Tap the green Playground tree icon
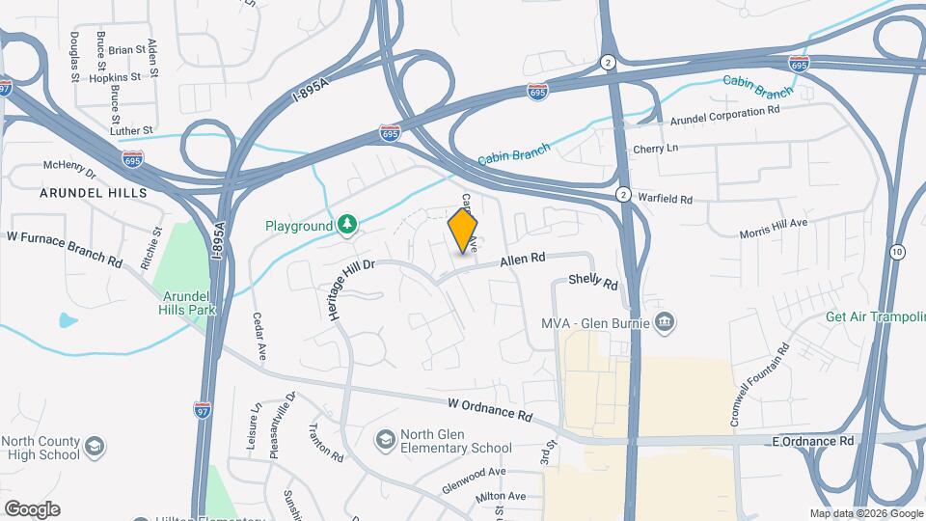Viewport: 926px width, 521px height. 347,225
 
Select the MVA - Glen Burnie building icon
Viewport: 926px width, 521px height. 664,321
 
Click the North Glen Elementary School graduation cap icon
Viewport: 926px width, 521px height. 386,440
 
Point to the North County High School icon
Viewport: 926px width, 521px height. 95,446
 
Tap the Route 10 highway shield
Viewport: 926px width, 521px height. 898,252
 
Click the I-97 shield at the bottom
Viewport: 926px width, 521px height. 203,410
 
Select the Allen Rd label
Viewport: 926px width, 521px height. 523,260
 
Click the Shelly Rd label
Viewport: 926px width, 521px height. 592,282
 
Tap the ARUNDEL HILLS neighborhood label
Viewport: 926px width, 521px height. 94,193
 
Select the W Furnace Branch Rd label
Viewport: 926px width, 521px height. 65,248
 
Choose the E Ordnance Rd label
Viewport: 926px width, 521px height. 813,440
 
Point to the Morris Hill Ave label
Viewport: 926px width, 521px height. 786,229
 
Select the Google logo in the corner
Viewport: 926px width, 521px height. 32,509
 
